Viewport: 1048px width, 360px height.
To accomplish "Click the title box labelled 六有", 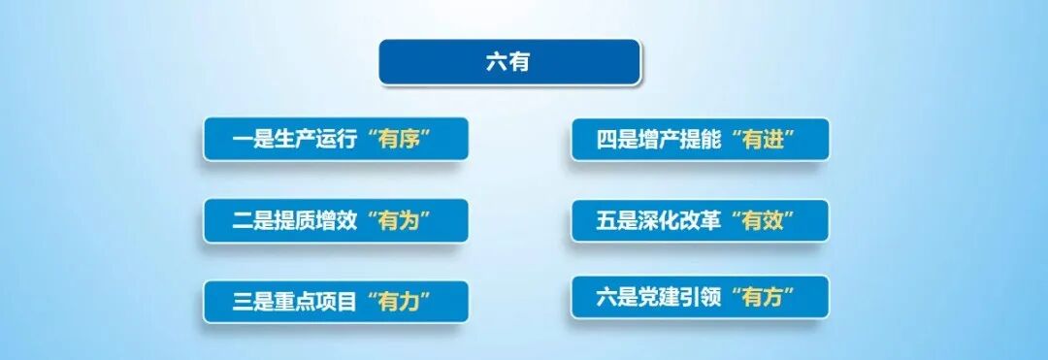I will tap(508, 62).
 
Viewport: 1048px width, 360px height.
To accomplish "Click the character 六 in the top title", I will tap(497, 62).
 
